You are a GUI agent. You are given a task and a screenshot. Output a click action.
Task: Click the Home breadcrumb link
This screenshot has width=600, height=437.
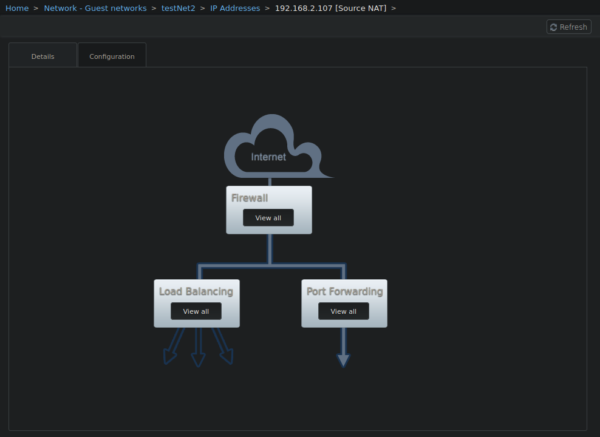(17, 8)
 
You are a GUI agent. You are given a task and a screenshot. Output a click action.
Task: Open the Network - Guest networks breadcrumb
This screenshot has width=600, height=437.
(95, 8)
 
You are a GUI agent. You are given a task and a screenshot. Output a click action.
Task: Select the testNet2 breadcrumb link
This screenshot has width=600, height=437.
(178, 8)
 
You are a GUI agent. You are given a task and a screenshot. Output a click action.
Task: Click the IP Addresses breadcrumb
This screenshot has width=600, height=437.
(235, 8)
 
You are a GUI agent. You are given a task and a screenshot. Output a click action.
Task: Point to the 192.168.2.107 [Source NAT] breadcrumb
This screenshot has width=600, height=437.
(330, 8)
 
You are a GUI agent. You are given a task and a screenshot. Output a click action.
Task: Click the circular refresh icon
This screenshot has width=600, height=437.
(553, 27)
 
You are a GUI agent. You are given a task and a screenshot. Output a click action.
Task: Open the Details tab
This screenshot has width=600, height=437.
(43, 56)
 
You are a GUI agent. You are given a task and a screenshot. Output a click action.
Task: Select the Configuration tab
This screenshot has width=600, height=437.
(112, 56)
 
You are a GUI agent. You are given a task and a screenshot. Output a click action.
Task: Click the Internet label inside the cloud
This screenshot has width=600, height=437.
(268, 157)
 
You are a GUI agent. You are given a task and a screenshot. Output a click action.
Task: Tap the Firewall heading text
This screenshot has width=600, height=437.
(250, 198)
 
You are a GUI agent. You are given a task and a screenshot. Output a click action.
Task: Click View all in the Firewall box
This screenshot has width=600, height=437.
(268, 218)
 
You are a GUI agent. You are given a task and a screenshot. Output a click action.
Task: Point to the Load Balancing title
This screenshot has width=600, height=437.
(196, 291)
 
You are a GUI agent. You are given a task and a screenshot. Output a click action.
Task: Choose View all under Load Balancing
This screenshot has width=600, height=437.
(196, 311)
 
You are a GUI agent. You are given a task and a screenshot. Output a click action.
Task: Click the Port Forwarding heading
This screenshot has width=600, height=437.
(344, 291)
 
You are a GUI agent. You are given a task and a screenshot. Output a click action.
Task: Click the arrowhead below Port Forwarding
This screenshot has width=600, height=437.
(343, 361)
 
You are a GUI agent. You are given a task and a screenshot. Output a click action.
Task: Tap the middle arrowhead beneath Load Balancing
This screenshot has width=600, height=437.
(198, 360)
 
